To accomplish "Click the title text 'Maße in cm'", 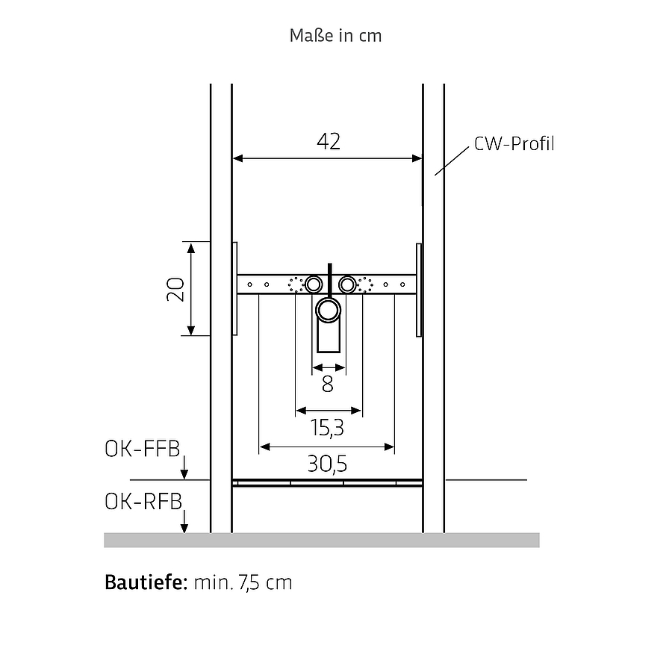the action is pos(335,36).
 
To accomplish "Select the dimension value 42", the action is pos(329,141).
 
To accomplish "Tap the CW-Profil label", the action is pos(514,143).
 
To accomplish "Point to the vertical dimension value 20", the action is pos(175,289).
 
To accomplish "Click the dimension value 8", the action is pos(328,384).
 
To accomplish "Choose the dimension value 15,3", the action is pos(327,428).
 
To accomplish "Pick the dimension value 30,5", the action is pos(327,464).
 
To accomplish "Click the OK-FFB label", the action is pos(143,449).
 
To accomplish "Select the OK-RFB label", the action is pos(143,502).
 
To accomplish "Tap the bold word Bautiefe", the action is pos(146,582).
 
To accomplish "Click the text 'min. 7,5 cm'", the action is pos(243,583).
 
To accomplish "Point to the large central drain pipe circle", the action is pos(329,311).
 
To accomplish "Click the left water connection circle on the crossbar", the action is pos(314,284).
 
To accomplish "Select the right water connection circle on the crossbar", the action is pos(347,284).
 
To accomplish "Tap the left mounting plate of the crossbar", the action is pos(235,289).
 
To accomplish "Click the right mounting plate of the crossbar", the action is pos(419,290).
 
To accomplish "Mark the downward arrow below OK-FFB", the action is pos(184,467).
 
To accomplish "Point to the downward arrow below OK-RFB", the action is pos(184,521).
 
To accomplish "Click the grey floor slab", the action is pos(322,540).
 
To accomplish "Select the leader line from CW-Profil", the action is pos(452,161).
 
